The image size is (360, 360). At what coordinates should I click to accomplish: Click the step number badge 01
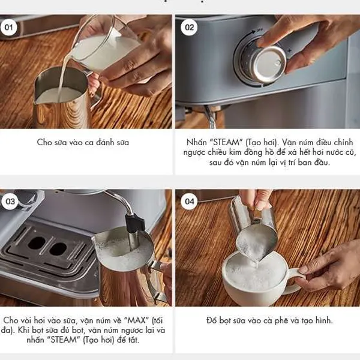[x=9, y=28]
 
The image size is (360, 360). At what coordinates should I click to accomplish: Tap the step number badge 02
[x=189, y=28]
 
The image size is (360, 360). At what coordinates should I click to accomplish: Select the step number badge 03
[x=10, y=202]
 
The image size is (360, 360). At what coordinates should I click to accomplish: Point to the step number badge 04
[x=189, y=202]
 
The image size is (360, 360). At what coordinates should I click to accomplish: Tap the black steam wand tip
[x=136, y=222]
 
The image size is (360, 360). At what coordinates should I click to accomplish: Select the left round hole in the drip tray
[x=37, y=244]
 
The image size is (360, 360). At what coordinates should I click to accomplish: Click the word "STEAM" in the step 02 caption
[x=226, y=142]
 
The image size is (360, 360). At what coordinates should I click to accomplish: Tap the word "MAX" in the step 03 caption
[x=137, y=320]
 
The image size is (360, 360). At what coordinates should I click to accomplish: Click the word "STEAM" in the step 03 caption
[x=63, y=340]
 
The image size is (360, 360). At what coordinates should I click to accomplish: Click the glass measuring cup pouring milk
[x=103, y=44]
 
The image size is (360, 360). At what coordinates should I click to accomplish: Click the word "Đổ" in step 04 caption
[x=211, y=320]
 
